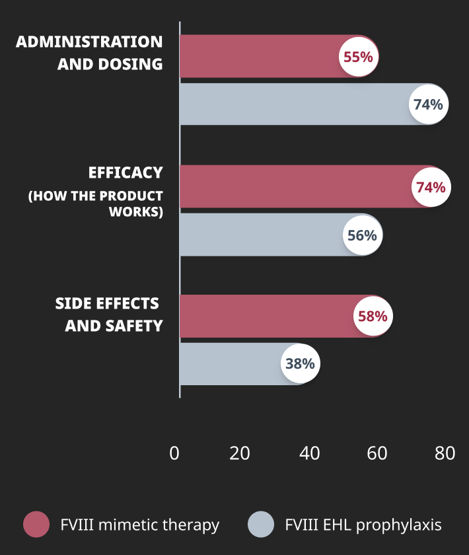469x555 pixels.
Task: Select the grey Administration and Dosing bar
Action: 291,104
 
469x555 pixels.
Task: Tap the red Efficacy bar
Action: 291,186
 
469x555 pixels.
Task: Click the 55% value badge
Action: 358,57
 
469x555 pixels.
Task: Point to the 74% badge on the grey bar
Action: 428,104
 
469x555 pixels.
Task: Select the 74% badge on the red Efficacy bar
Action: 430,187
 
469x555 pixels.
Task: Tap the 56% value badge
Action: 362,235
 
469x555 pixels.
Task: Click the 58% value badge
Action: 373,316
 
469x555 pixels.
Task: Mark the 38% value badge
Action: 300,363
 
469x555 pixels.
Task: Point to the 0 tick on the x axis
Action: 174,453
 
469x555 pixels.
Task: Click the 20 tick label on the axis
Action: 239,453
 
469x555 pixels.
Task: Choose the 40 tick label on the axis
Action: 309,453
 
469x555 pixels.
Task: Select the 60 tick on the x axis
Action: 377,453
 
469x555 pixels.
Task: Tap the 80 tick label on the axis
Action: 445,453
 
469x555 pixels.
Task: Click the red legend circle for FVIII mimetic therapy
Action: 36,525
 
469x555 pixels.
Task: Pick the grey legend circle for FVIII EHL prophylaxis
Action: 261,525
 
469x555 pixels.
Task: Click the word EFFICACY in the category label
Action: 126,173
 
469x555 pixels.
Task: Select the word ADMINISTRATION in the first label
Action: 89,42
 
